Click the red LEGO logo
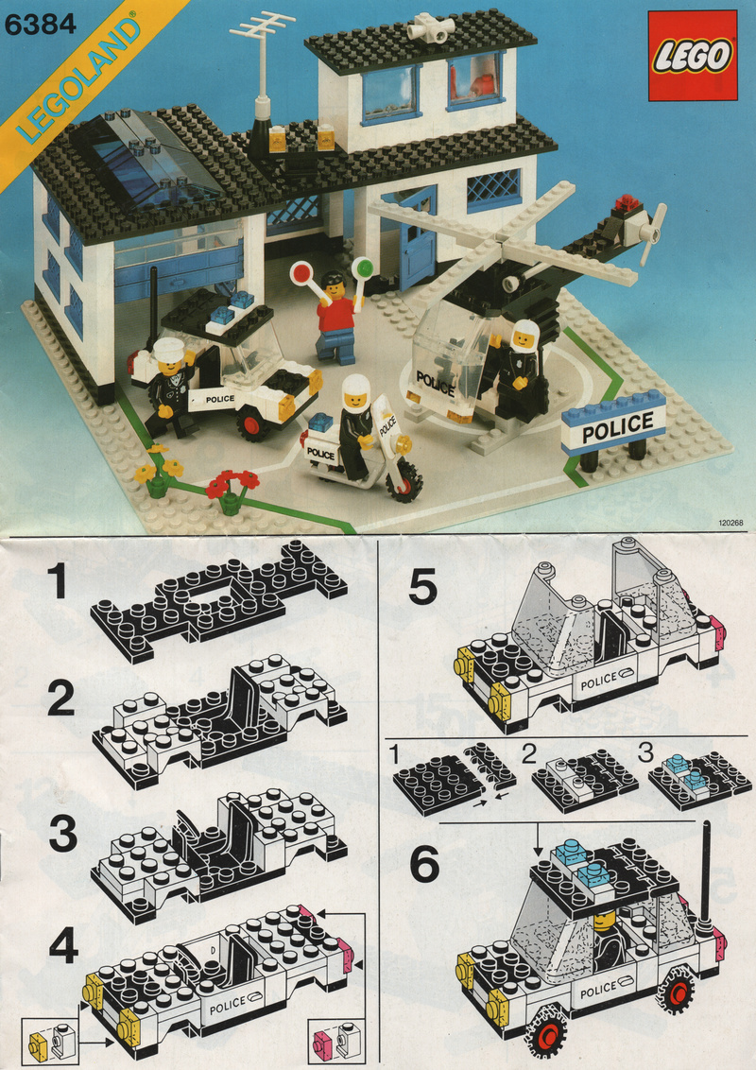[x=693, y=56]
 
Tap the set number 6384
[x=41, y=25]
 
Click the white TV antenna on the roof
[x=263, y=55]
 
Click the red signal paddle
[x=301, y=273]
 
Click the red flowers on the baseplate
[x=232, y=483]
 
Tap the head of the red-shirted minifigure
[x=333, y=285]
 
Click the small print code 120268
[x=730, y=524]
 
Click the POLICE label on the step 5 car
[x=598, y=681]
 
